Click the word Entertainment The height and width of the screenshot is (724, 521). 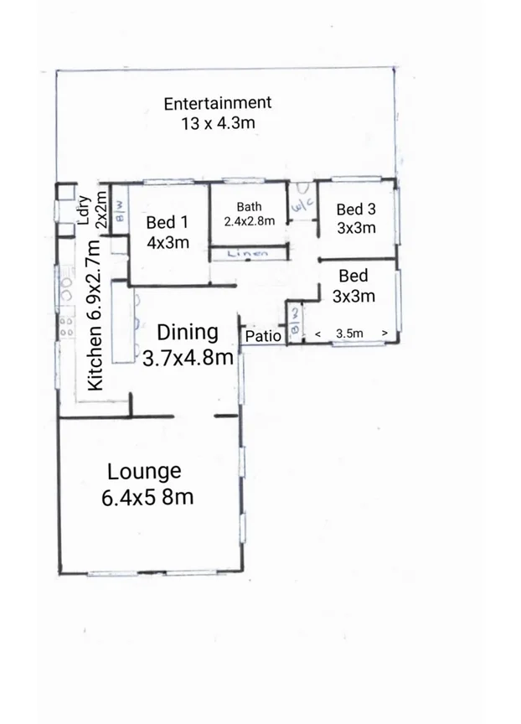click(217, 103)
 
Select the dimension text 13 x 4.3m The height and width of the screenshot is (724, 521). click(217, 123)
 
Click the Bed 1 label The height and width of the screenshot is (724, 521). click(167, 223)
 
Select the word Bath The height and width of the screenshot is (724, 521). click(249, 207)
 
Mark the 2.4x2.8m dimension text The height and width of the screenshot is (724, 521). click(249, 221)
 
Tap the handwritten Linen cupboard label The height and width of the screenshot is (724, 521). click(247, 253)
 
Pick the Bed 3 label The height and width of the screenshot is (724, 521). click(355, 209)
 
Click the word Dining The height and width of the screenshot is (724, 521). click(188, 332)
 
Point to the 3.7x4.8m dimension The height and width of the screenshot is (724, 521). click(188, 357)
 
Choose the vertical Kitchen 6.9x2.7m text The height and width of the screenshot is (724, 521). click(95, 315)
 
